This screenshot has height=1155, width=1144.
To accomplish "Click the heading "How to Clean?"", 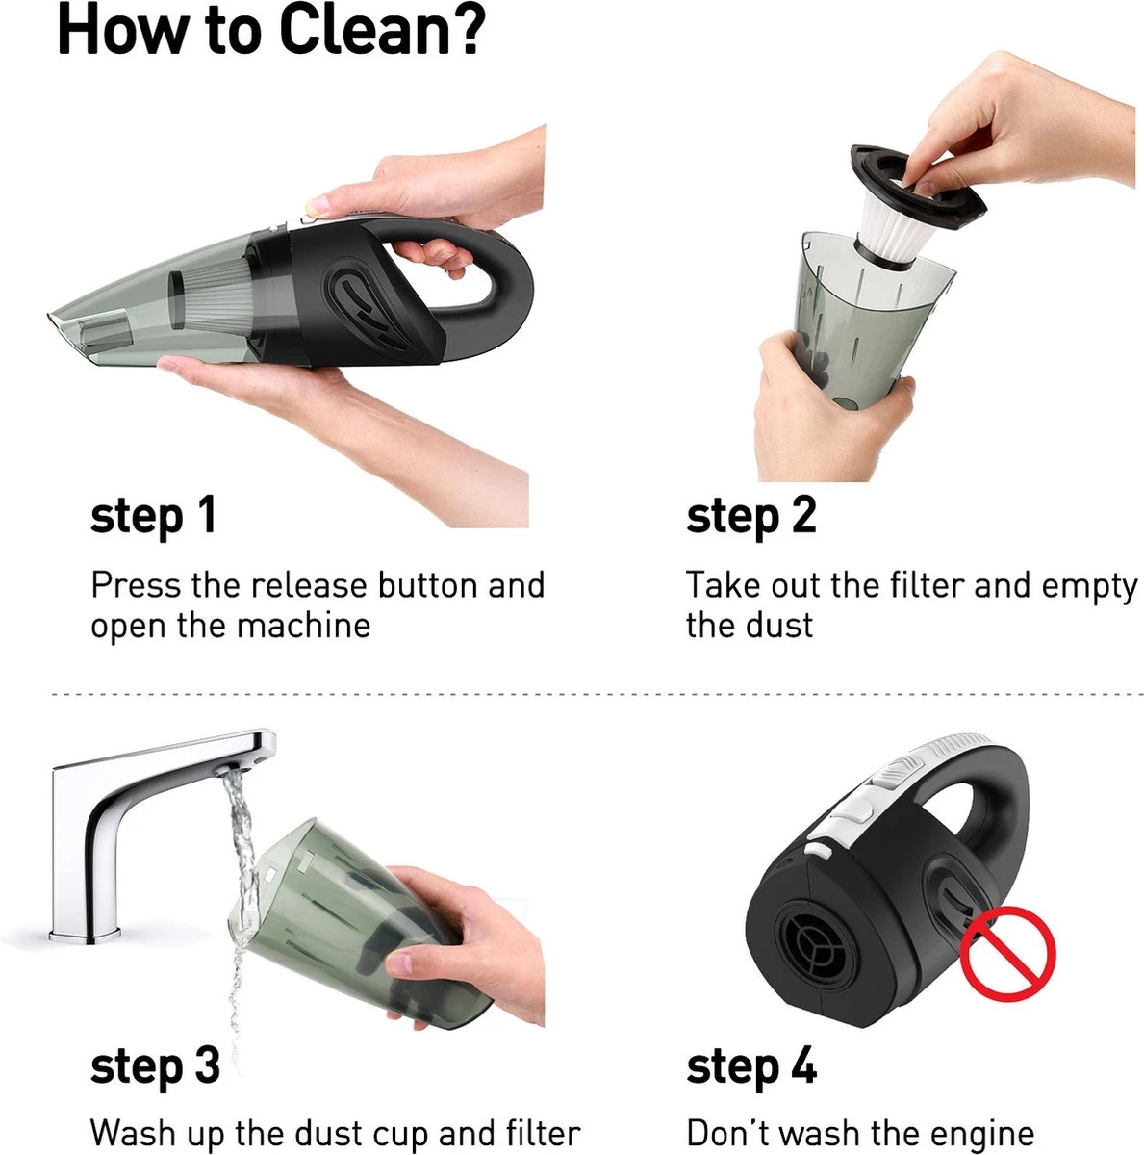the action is click(271, 30).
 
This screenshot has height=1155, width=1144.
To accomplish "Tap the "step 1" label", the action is click(153, 517).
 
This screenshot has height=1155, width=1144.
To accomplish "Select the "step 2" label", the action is click(750, 517).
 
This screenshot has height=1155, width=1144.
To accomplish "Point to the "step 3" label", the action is click(155, 1068).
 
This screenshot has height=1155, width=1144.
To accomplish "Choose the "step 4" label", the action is click(751, 1068).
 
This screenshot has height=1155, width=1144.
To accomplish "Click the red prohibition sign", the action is click(1007, 953).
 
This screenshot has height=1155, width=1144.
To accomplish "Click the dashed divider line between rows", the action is click(598, 695).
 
